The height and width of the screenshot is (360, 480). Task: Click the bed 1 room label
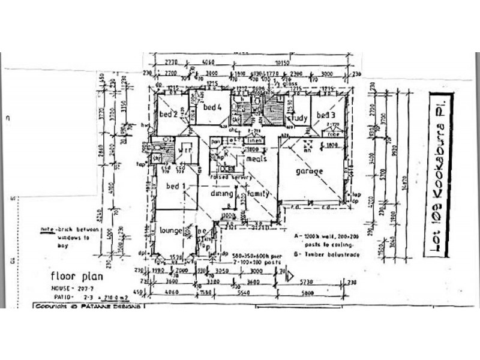click(175, 187)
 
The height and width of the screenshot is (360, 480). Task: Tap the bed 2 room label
click(167, 114)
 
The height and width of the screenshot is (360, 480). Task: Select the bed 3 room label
click(326, 115)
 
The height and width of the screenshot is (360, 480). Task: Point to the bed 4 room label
click(212, 107)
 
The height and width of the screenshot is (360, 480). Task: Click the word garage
click(309, 171)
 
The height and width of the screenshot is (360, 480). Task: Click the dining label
click(221, 193)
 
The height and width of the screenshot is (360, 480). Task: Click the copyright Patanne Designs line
click(88, 306)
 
